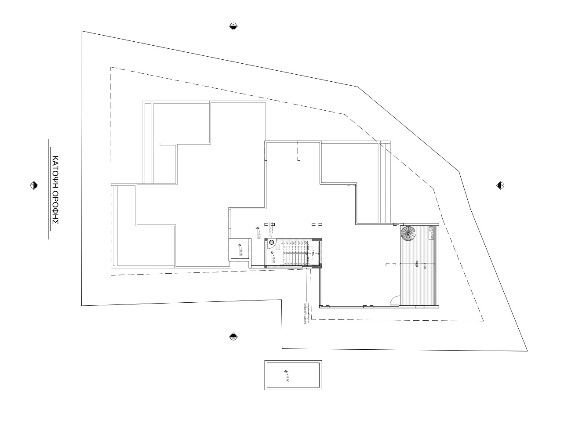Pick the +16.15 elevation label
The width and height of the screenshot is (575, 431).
tap(241, 251)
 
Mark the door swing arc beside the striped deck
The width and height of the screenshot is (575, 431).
tap(395, 301)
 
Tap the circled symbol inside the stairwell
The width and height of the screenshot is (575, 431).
tap(272, 242)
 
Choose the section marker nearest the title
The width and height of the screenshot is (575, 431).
tap(33, 185)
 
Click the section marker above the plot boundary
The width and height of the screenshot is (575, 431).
tap(234, 26)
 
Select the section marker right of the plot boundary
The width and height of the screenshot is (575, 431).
tap(500, 185)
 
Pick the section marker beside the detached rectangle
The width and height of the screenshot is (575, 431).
tap(233, 337)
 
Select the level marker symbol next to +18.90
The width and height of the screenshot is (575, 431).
tap(285, 372)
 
